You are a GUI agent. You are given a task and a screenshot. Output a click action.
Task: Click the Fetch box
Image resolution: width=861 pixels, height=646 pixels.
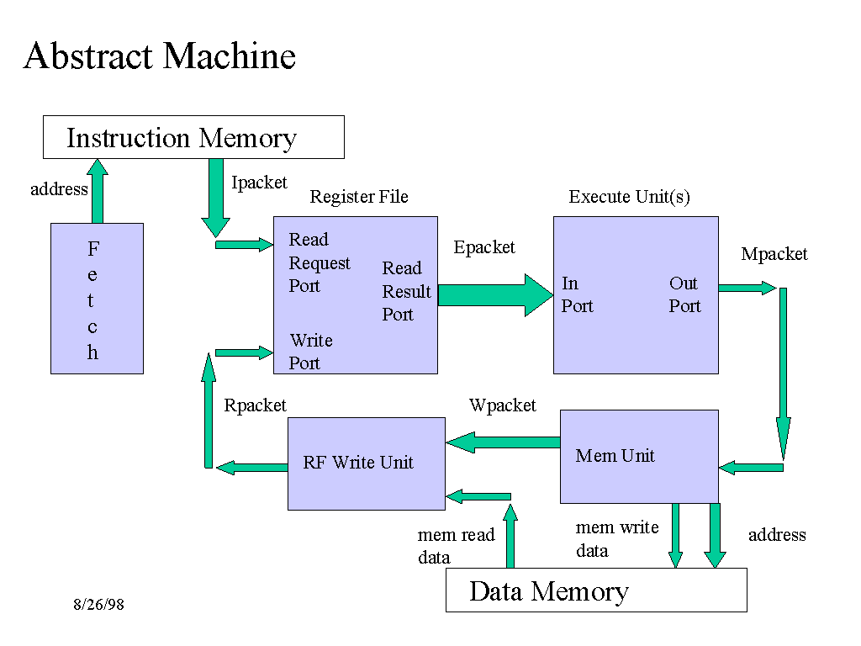coord(97,299)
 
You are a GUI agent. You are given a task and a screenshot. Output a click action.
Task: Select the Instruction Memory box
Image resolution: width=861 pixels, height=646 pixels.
coord(193,137)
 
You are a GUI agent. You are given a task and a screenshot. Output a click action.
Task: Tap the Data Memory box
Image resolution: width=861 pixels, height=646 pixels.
coord(595,590)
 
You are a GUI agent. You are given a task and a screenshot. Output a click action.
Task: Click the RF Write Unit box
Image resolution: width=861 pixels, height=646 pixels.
coord(366,463)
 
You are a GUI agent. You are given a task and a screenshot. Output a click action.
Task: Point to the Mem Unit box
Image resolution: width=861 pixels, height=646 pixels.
coord(639,456)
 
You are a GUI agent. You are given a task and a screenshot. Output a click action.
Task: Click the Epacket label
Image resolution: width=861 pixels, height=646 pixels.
coord(484,247)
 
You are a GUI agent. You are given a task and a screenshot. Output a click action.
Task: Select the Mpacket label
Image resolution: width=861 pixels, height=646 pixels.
coord(774,254)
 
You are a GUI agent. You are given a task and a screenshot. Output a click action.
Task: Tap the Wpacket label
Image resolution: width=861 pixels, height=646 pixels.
coord(502,405)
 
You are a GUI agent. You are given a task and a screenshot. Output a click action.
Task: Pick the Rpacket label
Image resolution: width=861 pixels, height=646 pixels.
coord(255,405)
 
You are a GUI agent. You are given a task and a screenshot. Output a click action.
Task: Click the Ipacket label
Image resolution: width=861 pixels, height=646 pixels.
coord(259,183)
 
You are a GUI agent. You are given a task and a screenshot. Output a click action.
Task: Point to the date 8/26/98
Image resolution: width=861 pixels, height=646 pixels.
coord(98,605)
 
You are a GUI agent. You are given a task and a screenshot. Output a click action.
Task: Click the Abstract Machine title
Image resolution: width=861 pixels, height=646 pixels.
coord(160,56)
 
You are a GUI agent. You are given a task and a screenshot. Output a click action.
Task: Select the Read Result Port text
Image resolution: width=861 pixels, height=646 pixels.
coord(406,291)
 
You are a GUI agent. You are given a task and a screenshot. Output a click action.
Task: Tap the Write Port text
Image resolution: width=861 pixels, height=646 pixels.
coord(310,352)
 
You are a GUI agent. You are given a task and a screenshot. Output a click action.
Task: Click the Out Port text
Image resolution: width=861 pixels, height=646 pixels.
coord(684,294)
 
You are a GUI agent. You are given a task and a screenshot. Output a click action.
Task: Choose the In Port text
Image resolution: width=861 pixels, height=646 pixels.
coord(577,294)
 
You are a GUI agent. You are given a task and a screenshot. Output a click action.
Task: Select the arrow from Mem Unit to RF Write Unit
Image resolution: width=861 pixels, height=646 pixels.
coord(503,442)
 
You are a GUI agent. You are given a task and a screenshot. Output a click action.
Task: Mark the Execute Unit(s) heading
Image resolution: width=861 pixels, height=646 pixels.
coord(629,197)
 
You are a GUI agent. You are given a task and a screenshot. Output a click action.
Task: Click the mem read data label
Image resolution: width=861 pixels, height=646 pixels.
coord(456,546)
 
